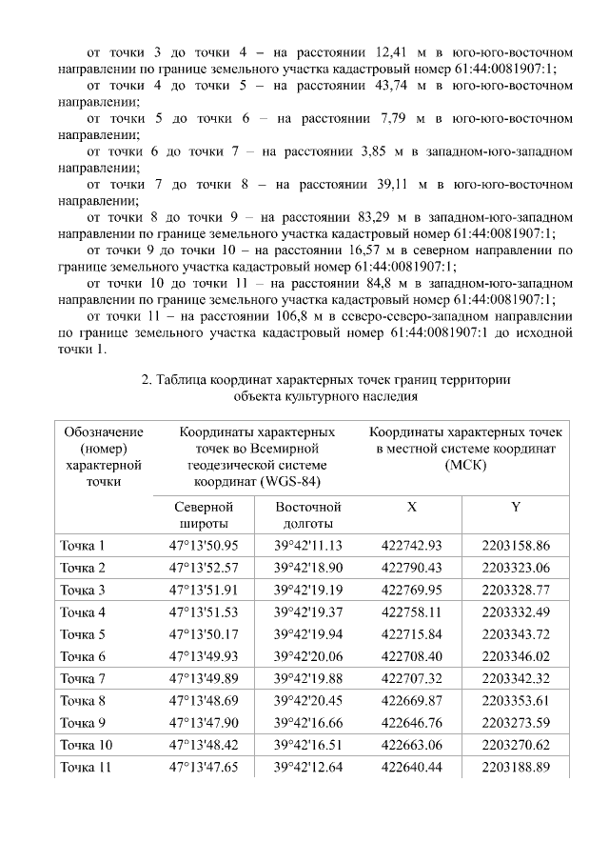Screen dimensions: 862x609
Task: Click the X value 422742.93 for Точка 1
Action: click(411, 546)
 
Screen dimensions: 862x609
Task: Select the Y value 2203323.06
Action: click(516, 568)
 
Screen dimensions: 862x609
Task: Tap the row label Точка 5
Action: click(83, 634)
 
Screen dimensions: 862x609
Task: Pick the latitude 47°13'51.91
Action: click(203, 590)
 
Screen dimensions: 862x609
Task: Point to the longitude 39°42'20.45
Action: click(307, 700)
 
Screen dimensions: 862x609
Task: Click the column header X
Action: click(411, 508)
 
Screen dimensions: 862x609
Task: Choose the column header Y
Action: click(515, 508)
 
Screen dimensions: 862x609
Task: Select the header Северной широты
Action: click(203, 515)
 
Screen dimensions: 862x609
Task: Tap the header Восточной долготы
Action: click(307, 515)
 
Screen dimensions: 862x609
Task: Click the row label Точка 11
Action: click(86, 766)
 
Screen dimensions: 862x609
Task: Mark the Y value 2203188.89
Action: click(516, 766)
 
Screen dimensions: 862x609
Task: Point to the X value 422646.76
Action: click(411, 722)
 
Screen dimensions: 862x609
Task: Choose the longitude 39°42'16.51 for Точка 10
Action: click(307, 744)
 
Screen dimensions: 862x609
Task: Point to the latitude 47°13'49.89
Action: click(203, 678)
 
